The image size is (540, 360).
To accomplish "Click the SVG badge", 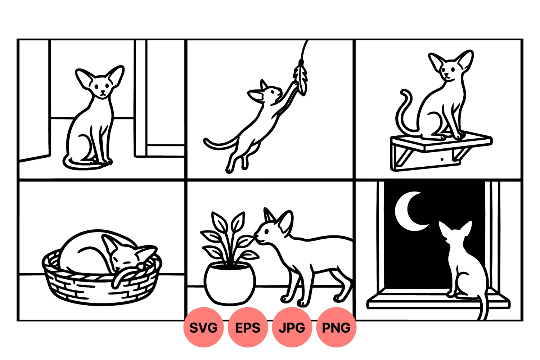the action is tap(203, 328).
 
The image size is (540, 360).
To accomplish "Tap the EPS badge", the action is tap(248, 328).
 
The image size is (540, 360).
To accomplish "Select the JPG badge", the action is tap(292, 328).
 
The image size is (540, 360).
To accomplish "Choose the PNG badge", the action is tap(336, 328).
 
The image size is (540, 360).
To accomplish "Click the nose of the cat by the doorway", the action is tap(103, 92).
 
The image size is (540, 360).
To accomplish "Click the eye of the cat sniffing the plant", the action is tap(266, 231).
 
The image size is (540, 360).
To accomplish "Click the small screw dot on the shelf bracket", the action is tap(442, 159).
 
